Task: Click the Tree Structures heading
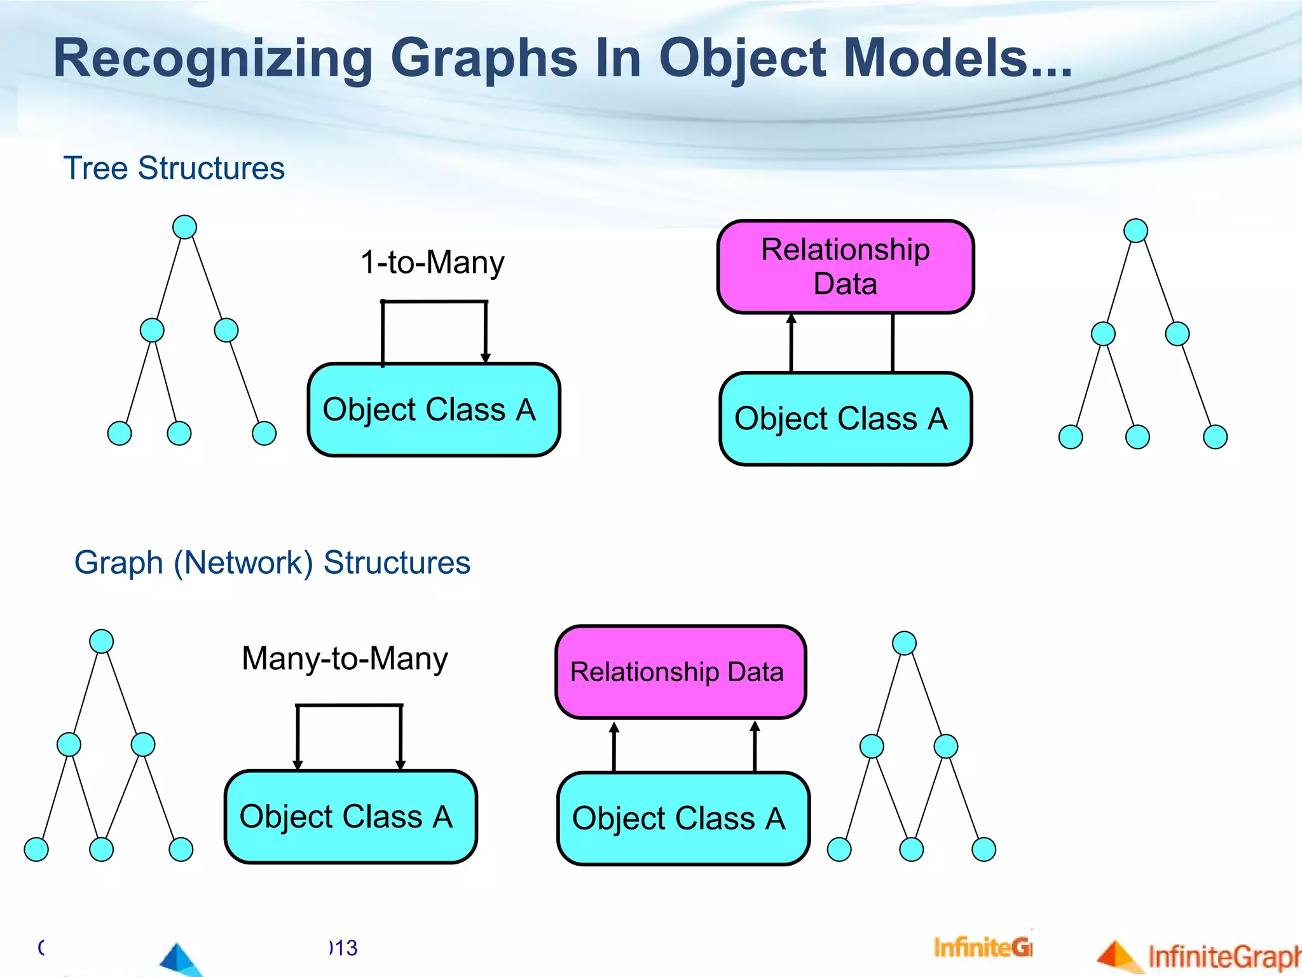coord(174,169)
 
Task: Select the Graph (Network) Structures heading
coord(272,563)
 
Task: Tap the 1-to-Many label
coord(432,262)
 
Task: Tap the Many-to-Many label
coord(345,658)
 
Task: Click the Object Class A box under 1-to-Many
coord(434,410)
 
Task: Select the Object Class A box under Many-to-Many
coord(350,817)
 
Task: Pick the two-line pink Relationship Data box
coord(846,267)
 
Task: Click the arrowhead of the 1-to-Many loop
coord(486,358)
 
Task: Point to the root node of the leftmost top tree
coord(184,227)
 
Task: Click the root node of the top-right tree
coord(1135,230)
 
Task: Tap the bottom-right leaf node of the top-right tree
coord(1215,437)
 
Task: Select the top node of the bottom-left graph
coord(102,641)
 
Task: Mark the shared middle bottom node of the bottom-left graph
coord(102,849)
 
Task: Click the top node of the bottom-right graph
coord(904,643)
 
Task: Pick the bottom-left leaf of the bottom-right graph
coord(839,849)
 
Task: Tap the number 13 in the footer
coord(347,948)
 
